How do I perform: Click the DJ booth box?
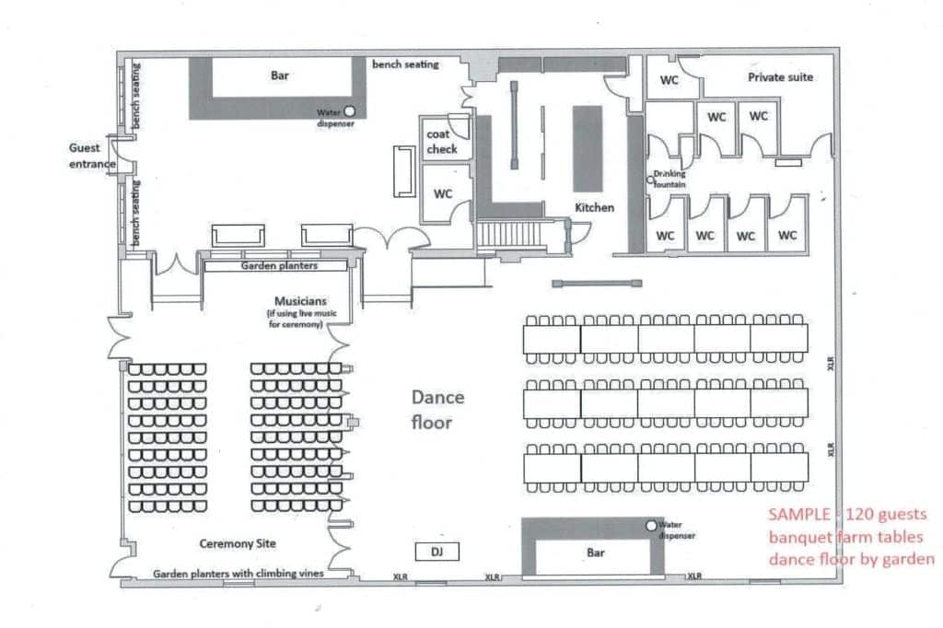point(437,552)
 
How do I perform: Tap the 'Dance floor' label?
point(437,410)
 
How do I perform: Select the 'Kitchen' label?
point(594,207)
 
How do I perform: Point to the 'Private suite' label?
point(780,77)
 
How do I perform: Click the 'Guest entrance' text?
point(91,156)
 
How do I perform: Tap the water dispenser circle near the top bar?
point(349,112)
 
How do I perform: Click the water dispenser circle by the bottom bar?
point(651,526)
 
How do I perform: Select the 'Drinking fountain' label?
point(669,179)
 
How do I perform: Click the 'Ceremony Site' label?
point(238,544)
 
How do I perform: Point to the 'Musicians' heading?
point(300,301)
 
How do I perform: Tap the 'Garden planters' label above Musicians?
point(279,265)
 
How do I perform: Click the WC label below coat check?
point(443,193)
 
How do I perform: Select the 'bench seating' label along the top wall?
point(405,64)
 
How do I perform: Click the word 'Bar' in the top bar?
point(280,76)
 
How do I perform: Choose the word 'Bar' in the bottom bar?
point(596,552)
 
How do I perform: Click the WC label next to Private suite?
point(669,80)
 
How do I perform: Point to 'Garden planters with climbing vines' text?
point(239,574)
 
